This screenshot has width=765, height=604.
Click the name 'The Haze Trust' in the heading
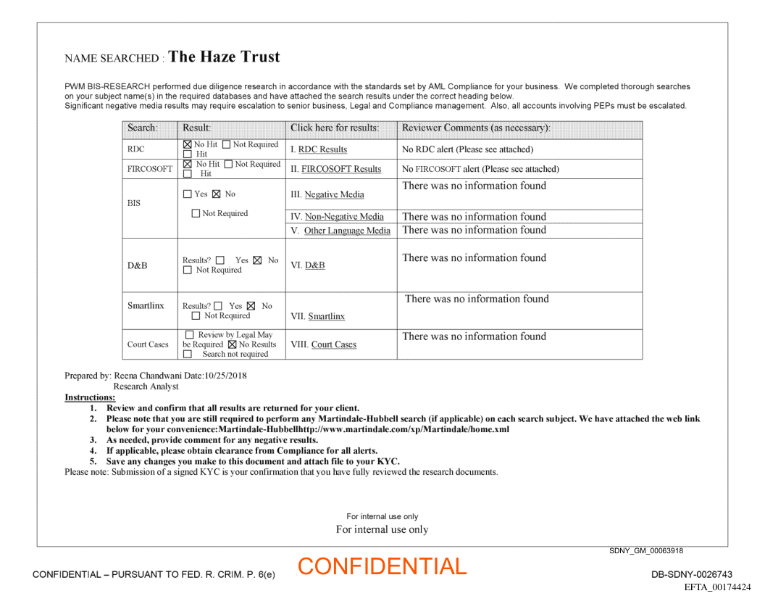pos(224,57)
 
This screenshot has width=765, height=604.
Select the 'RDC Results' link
pos(322,149)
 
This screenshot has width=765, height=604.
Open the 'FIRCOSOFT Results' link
pos(341,169)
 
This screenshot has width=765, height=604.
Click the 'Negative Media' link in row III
pos(334,194)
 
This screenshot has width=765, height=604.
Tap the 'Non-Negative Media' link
pos(344,216)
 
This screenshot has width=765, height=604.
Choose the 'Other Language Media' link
pos(347,231)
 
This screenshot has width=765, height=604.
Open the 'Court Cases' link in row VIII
pos(333,344)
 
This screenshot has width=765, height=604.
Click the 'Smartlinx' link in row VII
pos(326,316)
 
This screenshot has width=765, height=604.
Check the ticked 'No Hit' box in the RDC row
pos(188,145)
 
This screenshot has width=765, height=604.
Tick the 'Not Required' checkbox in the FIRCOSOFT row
pos(228,165)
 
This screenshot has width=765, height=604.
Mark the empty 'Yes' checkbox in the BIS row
pos(188,194)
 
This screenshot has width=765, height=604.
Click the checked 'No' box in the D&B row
pos(257,260)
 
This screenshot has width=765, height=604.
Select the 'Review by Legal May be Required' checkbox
pos(190,335)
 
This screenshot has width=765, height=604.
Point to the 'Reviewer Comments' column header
pos(476,128)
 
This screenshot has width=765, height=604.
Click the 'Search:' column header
pos(142,128)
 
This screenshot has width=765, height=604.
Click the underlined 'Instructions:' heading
pos(90,397)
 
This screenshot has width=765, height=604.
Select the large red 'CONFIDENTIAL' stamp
pos(382,566)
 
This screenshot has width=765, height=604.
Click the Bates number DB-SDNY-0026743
pos(692,574)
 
